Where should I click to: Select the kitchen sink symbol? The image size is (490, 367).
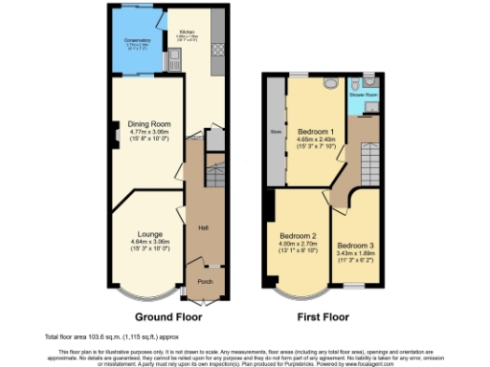click(x=179, y=65)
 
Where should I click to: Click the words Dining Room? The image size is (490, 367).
click(x=149, y=123)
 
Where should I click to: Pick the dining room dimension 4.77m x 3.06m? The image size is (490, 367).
click(x=149, y=132)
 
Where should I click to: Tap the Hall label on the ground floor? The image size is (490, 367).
click(x=204, y=227)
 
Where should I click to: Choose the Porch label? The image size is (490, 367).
click(x=205, y=282)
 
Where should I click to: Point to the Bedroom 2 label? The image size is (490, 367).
click(x=298, y=235)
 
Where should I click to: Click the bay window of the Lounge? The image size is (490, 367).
click(x=149, y=287)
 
